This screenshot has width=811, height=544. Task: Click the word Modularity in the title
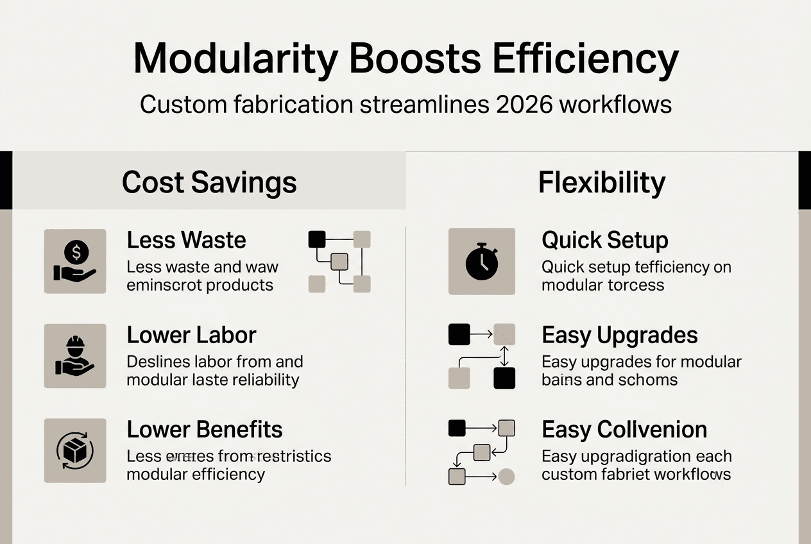(x=234, y=60)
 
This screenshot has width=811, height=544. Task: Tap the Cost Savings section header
(x=209, y=182)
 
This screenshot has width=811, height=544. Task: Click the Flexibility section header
(x=602, y=182)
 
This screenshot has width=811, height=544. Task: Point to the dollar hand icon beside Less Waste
(x=75, y=261)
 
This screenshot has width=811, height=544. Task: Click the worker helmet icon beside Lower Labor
(x=75, y=356)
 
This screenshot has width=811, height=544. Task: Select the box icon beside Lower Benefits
(x=75, y=450)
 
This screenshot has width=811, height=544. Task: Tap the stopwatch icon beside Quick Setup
(x=481, y=261)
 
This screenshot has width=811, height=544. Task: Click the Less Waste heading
(x=186, y=240)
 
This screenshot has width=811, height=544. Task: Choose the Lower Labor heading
(x=191, y=335)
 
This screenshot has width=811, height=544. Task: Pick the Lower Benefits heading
(x=204, y=429)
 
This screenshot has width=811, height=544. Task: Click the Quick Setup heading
(x=604, y=240)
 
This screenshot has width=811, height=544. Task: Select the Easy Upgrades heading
(x=619, y=335)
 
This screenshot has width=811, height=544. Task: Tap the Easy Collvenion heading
(x=624, y=429)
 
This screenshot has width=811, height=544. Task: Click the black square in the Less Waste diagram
(x=317, y=239)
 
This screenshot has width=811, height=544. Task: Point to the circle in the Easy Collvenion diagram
(x=506, y=477)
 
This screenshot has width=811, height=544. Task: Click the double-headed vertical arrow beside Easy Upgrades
(x=504, y=356)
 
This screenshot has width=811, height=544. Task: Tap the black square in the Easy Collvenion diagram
(x=456, y=428)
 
